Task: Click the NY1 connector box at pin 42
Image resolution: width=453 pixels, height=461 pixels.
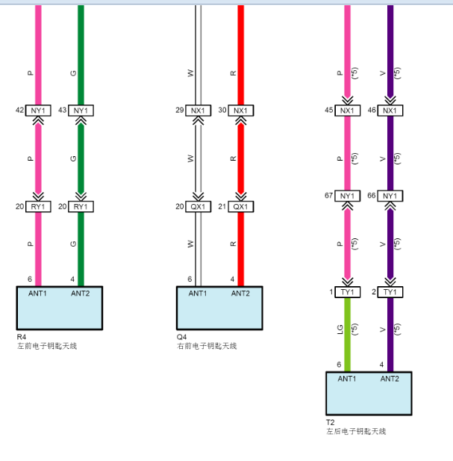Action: coord(38,111)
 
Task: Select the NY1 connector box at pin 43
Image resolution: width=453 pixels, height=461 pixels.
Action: coord(81,111)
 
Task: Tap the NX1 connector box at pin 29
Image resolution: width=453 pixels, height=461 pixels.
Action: coord(199,111)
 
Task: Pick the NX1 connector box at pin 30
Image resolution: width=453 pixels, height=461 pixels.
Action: coord(241,111)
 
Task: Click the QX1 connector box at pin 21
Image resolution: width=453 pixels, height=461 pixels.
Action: coord(241,207)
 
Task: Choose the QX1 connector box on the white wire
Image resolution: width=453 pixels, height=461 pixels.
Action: coord(199,207)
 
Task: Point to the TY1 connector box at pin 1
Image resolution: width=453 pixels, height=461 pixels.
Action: coord(347,292)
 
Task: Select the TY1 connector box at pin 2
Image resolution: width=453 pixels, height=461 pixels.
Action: coord(390,292)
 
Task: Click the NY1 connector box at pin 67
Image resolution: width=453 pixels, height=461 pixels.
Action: coord(347,196)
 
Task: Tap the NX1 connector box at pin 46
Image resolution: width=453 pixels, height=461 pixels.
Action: coord(390,111)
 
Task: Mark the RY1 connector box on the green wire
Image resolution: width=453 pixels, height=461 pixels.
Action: coord(81,207)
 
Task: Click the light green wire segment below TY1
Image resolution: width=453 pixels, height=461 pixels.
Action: coord(347,335)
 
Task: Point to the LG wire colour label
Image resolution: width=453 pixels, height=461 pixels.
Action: coord(340,329)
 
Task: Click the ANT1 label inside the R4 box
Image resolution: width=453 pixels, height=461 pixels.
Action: coord(37,294)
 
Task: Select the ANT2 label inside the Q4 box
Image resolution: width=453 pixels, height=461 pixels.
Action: coord(240,294)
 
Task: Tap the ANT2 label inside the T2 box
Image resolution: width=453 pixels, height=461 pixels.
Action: coord(390,379)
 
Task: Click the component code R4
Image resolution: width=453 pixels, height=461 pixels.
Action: coord(22,337)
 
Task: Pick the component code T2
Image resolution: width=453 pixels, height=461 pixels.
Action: coord(331,422)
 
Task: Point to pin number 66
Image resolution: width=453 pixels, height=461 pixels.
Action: coord(372,196)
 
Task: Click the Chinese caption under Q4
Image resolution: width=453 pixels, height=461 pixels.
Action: coord(207,346)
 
